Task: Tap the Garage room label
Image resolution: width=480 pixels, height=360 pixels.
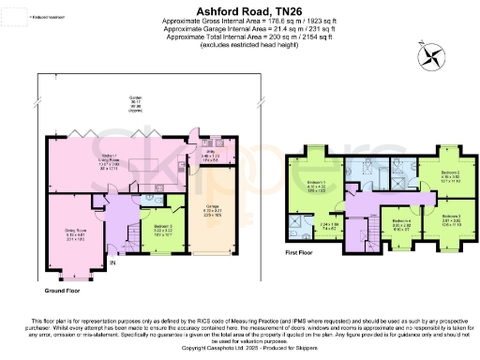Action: [213, 211]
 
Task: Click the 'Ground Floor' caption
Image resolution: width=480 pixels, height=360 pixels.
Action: [54, 290]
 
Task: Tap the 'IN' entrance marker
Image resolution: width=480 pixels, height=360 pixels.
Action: [113, 264]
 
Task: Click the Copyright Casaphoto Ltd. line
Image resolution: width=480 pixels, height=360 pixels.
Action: [240, 346]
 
